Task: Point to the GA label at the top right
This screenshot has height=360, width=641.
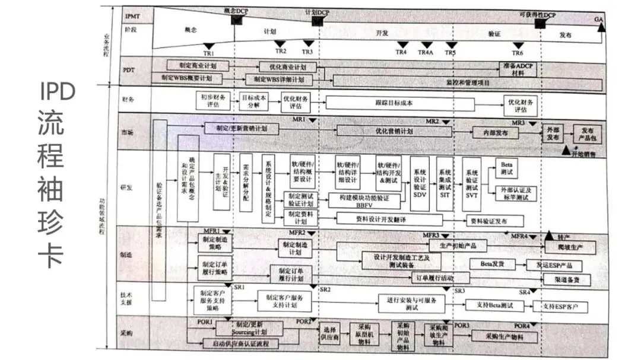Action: [599, 20]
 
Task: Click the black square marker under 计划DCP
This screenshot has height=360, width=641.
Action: [317, 21]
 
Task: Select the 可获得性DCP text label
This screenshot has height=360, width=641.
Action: [537, 14]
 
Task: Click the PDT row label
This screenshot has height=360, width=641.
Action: [128, 70]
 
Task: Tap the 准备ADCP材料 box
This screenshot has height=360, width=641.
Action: [518, 69]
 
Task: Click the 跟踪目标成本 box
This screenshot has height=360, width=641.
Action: [401, 103]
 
